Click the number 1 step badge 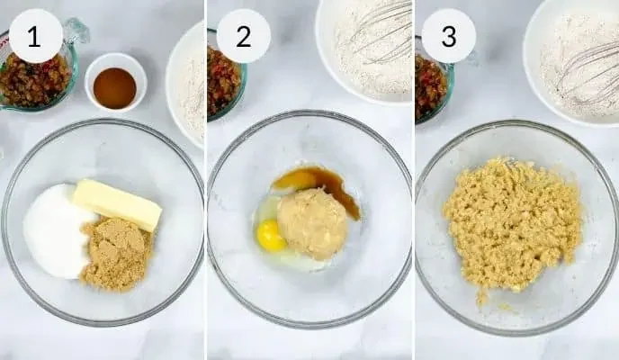(x=35, y=36)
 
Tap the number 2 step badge (x=244, y=36)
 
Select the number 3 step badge (x=449, y=36)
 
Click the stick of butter (x=118, y=204)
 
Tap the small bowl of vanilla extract (x=115, y=83)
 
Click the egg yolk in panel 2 (x=271, y=236)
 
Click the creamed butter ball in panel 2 (x=312, y=224)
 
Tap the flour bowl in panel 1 (x=185, y=85)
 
